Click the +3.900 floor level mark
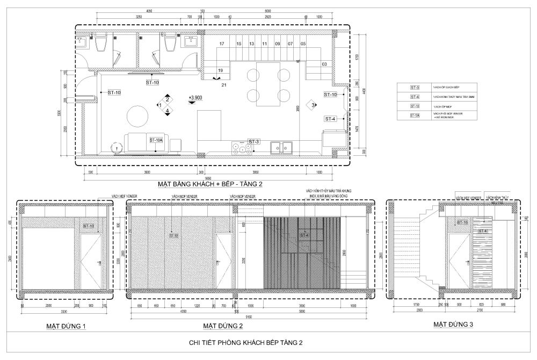(195, 98)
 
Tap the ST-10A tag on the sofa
(156, 140)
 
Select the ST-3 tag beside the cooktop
(253, 141)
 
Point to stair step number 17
(221, 44)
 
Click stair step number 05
(303, 44)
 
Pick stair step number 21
(224, 85)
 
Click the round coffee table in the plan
(138, 117)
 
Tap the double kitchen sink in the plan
(281, 147)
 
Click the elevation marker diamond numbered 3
(313, 105)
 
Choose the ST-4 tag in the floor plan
(330, 118)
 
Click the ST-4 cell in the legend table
(414, 97)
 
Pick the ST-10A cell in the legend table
(414, 116)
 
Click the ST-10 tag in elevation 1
(89, 226)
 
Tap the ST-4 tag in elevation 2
(304, 235)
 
